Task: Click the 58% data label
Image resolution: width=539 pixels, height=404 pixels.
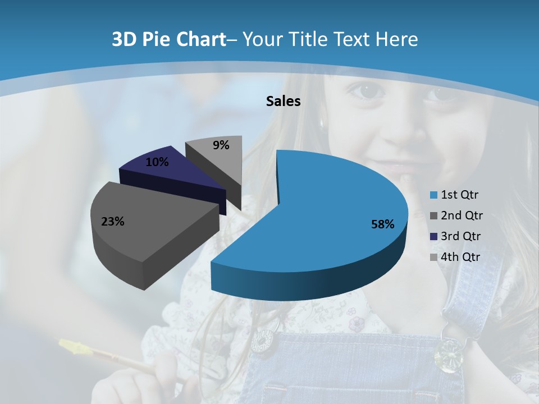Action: (382, 224)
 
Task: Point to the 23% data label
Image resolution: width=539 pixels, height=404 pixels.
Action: (112, 222)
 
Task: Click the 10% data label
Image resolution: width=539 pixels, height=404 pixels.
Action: (157, 162)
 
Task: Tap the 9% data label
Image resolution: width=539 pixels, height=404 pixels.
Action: (221, 145)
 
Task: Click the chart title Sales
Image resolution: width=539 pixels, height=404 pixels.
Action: (283, 101)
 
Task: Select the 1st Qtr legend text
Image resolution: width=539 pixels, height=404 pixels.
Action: (460, 195)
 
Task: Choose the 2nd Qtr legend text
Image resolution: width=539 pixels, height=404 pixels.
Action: (462, 215)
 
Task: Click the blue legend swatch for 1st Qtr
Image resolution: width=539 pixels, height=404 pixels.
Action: (433, 195)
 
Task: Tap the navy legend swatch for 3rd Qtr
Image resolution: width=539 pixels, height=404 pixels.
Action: (433, 236)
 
